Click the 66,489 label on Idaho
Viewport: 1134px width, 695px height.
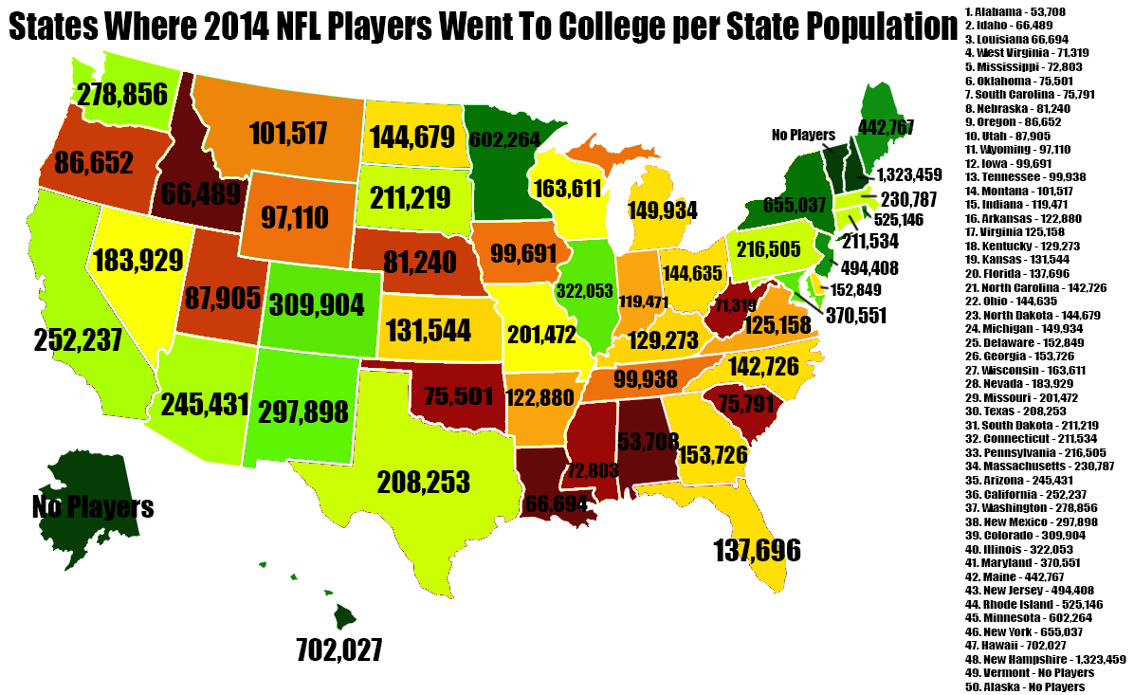(x=202, y=194)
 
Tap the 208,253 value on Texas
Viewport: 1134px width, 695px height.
(x=424, y=482)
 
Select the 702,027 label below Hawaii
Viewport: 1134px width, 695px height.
(x=339, y=650)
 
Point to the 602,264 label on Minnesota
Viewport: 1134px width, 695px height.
(x=504, y=140)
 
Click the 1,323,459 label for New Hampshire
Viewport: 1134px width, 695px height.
(x=908, y=174)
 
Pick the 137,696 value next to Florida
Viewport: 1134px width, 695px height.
(x=757, y=550)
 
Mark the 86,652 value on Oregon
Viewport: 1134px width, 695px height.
(x=94, y=163)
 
